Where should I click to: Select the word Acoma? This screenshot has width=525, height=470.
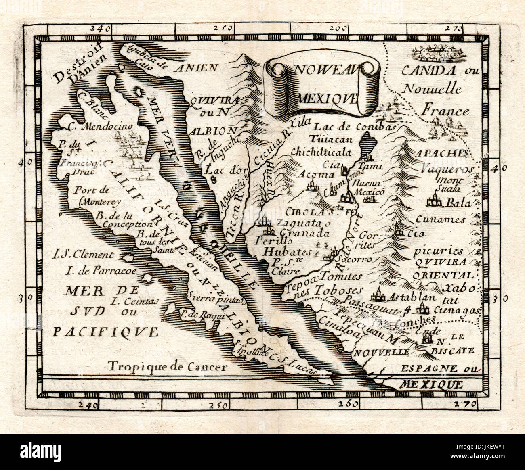pyautogui.click(x=317, y=174)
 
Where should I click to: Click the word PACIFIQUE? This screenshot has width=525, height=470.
pyautogui.click(x=106, y=332)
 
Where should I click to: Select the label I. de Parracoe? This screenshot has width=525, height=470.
pyautogui.click(x=94, y=271)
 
